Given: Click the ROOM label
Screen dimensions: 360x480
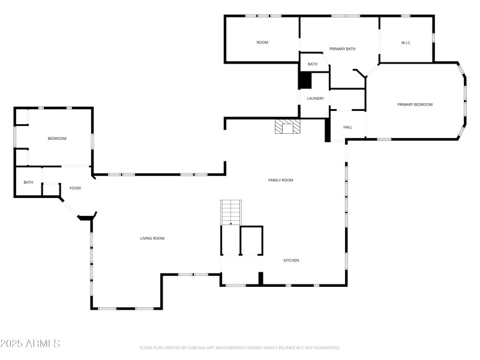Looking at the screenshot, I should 262,43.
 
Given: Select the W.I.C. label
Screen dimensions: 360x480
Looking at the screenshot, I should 406,43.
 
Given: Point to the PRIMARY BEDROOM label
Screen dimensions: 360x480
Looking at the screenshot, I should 415,104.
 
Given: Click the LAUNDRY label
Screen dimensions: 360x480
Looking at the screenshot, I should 316,98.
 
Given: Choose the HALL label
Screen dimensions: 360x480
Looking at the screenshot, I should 347,127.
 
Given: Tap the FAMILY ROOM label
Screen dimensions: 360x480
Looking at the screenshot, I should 280,180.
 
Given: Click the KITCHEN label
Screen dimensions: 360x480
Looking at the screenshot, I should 291,260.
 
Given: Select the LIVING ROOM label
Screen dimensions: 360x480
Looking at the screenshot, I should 152,238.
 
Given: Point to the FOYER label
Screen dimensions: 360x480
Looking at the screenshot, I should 75,188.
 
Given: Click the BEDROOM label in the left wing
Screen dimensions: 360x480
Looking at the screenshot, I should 57,139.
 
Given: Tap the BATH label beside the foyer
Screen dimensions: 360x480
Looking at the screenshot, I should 28,182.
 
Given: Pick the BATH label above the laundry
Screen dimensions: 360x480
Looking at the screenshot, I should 313,64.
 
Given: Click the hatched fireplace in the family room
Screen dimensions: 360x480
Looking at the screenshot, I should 287,127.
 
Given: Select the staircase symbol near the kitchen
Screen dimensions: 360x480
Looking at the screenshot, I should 231,212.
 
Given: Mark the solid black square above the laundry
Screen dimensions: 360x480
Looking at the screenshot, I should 305,80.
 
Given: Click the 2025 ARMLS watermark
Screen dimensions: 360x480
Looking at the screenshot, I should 30,344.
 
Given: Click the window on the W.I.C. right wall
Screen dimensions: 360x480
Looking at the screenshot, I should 433,38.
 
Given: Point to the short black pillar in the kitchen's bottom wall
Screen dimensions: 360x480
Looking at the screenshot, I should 261,278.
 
